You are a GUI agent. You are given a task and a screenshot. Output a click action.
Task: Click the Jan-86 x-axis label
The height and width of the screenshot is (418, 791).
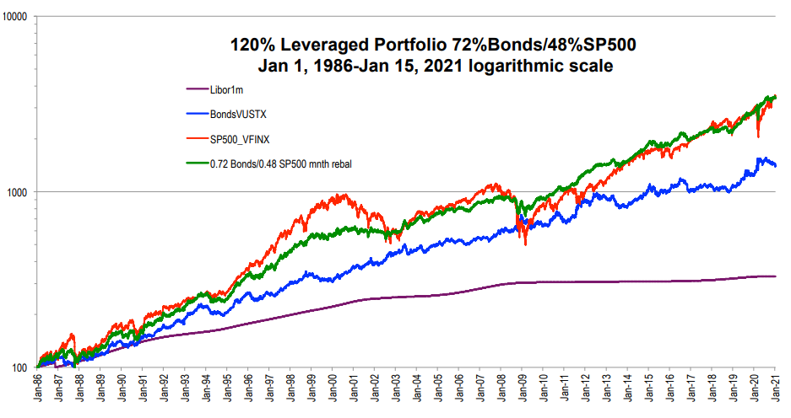point(39,390)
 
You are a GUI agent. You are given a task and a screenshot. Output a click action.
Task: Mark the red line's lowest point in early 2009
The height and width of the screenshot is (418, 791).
point(526,244)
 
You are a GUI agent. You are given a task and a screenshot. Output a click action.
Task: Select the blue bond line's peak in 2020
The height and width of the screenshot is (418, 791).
point(761,158)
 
